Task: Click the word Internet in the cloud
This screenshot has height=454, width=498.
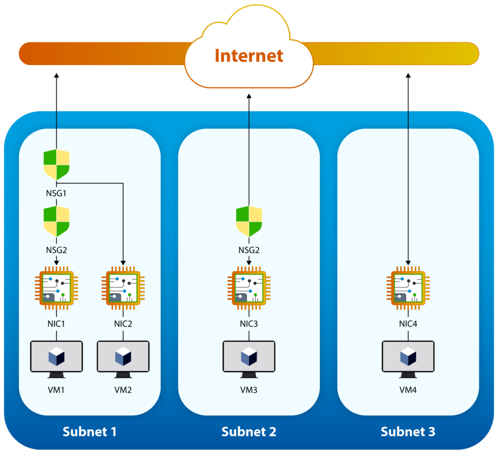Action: tap(249, 56)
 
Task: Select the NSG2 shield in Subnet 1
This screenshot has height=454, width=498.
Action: tap(56, 222)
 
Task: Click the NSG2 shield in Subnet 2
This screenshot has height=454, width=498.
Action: tap(249, 222)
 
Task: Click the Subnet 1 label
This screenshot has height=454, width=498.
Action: tap(89, 432)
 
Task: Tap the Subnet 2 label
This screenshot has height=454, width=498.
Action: tap(249, 432)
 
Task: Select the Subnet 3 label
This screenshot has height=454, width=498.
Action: tap(408, 432)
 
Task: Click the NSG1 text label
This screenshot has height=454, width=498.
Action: tap(56, 193)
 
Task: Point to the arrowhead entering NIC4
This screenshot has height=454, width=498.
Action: tap(408, 262)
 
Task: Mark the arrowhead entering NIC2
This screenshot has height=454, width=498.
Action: tap(123, 262)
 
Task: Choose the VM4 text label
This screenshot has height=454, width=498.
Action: tap(408, 390)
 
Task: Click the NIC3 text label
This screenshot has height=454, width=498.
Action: tap(249, 323)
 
